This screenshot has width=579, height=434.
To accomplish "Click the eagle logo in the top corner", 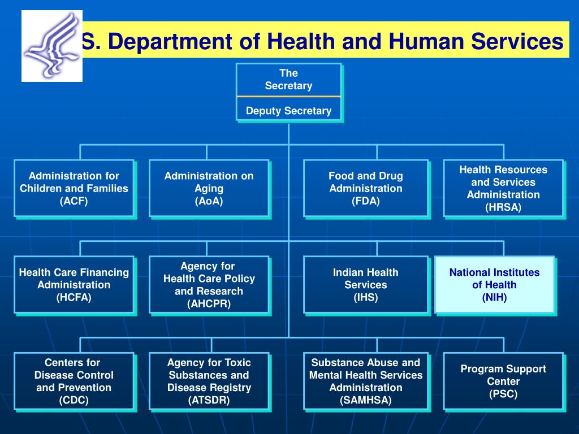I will [52, 46].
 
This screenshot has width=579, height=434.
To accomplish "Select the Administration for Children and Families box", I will [74, 188].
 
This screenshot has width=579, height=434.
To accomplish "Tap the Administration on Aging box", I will [209, 188].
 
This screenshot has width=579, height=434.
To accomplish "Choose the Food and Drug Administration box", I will [365, 188].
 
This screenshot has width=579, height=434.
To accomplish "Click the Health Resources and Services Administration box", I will [503, 188].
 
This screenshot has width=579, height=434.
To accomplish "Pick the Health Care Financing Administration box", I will [74, 285].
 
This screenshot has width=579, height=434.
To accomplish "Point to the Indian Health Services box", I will [365, 285].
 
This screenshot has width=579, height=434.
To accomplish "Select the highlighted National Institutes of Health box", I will [494, 285].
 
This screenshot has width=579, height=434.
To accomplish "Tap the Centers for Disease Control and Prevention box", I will [74, 381].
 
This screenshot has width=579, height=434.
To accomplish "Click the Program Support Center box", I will [503, 381].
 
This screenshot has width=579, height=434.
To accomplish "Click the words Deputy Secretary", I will [288, 111].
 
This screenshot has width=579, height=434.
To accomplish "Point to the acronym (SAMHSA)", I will [365, 401].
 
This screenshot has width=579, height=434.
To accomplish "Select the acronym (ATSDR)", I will [209, 401].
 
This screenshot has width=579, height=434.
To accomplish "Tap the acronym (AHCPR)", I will [209, 304].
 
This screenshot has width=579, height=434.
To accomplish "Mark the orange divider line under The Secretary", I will [288, 97].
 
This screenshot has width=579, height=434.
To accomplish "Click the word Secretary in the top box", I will [288, 86].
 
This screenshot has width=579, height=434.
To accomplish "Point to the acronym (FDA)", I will [365, 201].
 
